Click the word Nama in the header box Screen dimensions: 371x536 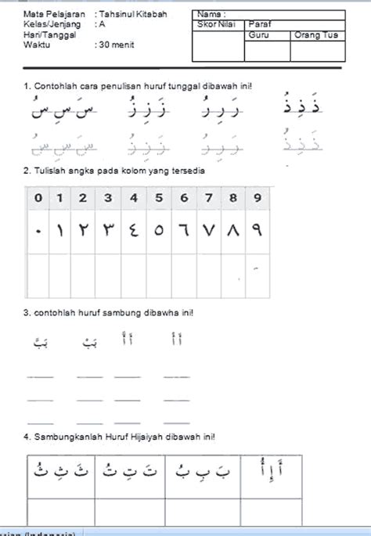tap(210, 14)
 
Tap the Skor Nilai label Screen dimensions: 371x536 tap(215, 25)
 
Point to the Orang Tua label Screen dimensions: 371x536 tap(312, 35)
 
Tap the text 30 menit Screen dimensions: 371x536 tap(116, 45)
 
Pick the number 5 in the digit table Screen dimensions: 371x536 tap(159, 198)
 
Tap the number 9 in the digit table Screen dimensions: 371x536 tap(258, 198)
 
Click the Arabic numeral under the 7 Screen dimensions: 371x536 tap(208, 232)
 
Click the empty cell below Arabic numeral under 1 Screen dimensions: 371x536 tap(60, 275)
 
